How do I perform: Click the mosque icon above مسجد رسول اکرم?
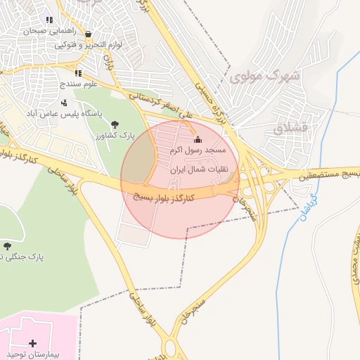[x=197, y=139]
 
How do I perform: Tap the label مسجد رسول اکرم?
[x=197, y=150]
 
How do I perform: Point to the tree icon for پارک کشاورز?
[x=115, y=124]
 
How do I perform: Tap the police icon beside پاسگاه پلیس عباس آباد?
[x=64, y=103]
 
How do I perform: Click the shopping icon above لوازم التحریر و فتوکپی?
[x=88, y=34]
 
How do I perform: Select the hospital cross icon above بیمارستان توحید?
[x=32, y=342]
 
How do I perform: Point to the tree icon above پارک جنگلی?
[x=7, y=245]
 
